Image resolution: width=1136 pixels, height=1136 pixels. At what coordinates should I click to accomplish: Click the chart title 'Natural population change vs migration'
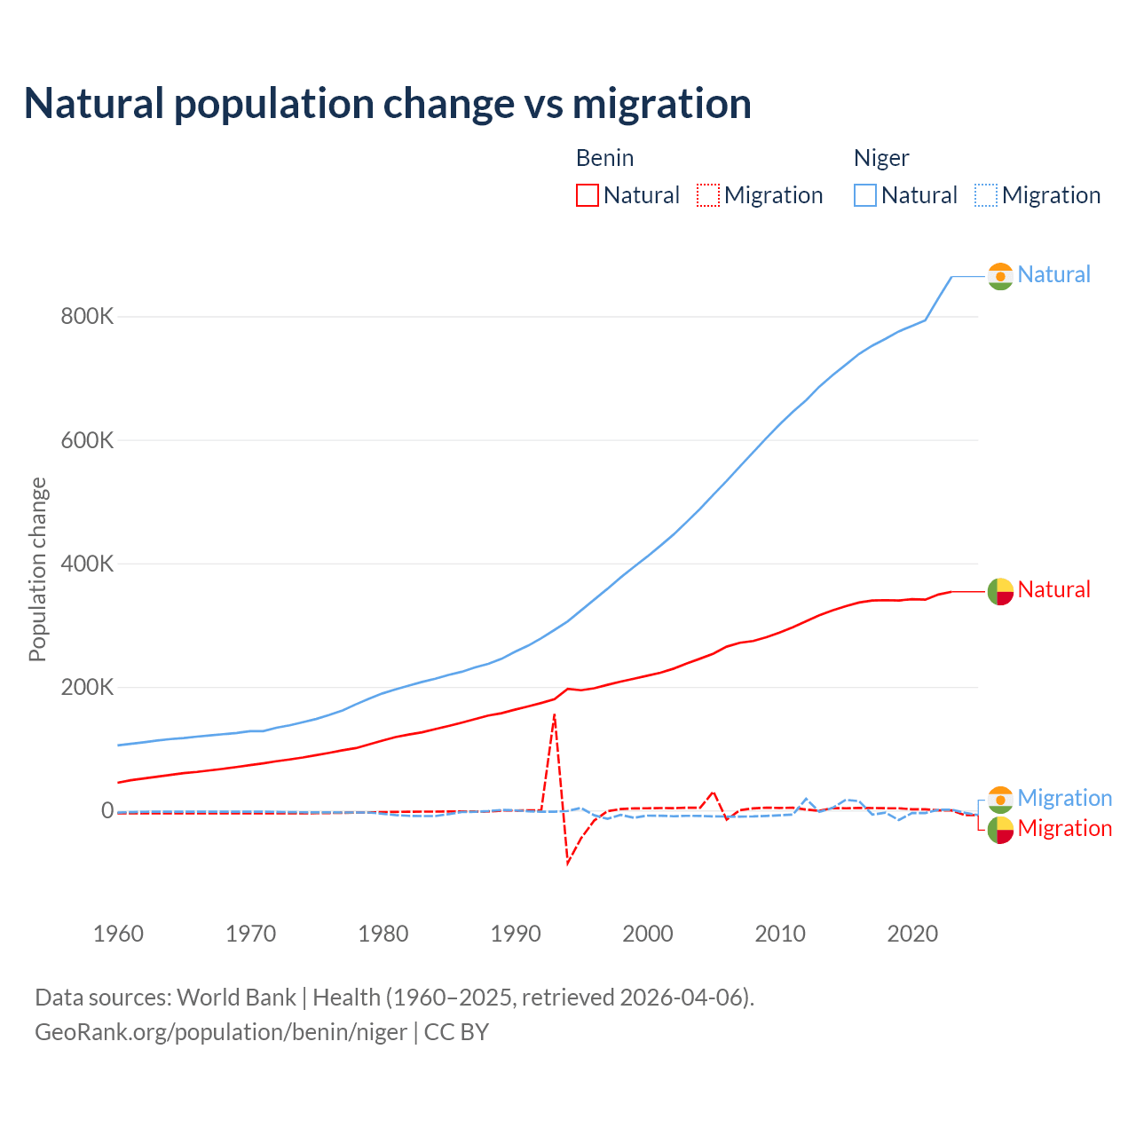[388, 104]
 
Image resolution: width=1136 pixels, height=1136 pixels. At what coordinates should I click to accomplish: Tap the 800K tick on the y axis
[87, 317]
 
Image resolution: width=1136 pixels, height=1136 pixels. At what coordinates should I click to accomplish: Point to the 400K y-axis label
[87, 564]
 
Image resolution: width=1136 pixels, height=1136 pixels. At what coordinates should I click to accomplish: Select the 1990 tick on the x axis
[516, 934]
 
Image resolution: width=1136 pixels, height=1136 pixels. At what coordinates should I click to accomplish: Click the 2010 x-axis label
[780, 934]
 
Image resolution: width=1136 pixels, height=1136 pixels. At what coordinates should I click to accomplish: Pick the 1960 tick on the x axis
[118, 934]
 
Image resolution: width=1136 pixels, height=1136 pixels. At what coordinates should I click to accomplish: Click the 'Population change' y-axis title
[37, 569]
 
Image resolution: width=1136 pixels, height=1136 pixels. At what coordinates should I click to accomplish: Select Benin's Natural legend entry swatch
[588, 195]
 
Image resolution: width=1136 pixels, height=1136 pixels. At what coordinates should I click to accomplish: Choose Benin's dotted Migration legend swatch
[708, 195]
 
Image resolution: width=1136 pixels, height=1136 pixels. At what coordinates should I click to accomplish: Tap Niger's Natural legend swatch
[865, 195]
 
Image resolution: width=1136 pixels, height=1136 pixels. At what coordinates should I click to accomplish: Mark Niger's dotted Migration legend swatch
[986, 195]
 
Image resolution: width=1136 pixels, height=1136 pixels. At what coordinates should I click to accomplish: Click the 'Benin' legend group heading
[604, 158]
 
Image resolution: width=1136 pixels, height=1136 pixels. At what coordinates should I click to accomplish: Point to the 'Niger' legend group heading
[881, 158]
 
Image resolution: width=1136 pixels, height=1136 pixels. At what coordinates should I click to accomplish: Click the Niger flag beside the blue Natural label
[1000, 276]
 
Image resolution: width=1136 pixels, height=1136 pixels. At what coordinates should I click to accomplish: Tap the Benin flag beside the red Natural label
[1000, 591]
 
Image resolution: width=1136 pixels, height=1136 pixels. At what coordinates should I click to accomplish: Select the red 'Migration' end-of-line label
[1064, 829]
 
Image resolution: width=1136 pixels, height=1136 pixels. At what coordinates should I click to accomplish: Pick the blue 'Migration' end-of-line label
[1064, 798]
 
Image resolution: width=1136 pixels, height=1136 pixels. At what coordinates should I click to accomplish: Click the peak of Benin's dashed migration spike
[555, 714]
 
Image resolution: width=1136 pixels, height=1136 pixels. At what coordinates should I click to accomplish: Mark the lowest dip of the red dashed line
[568, 864]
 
